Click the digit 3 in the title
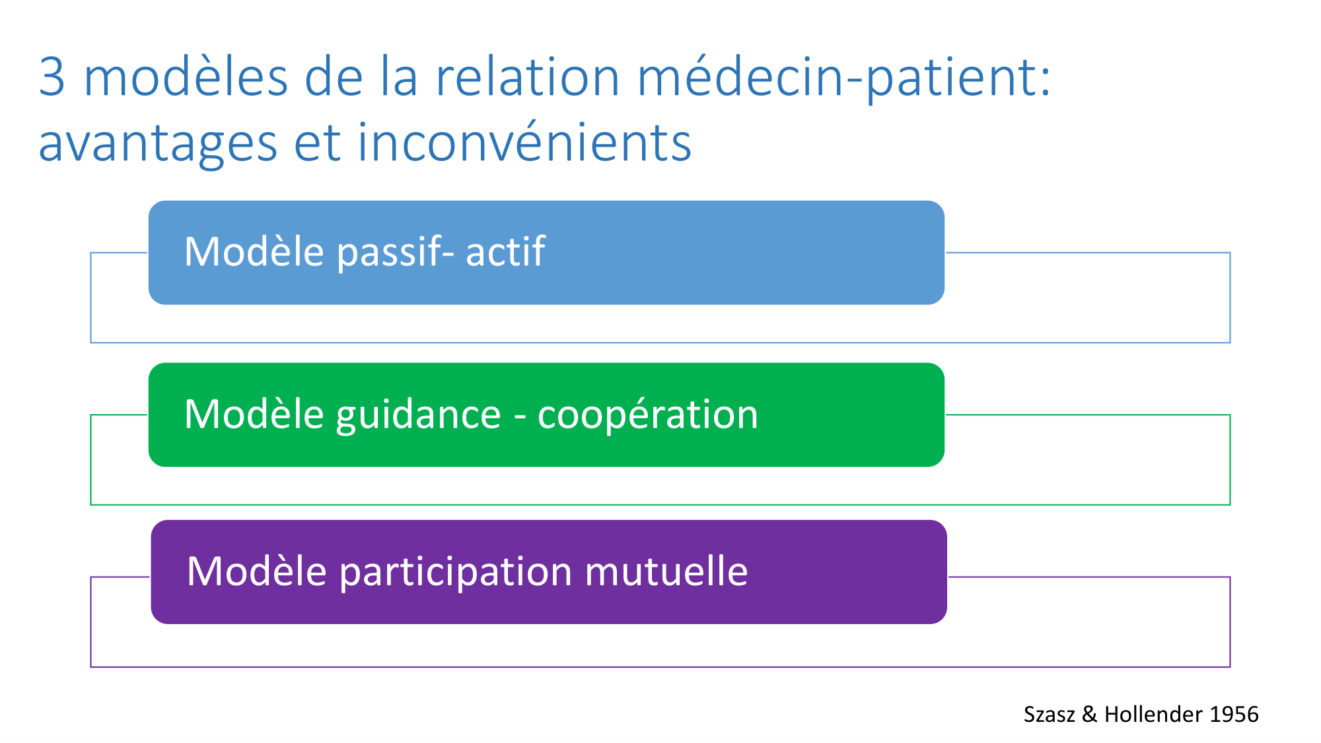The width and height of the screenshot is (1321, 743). [52, 77]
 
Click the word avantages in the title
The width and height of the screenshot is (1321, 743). [158, 145]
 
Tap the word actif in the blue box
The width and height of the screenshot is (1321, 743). [505, 251]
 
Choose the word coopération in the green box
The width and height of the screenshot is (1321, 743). [648, 416]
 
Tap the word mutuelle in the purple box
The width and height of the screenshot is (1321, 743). [666, 571]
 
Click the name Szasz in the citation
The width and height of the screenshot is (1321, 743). [1050, 715]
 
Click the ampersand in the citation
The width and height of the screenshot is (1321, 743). [1090, 715]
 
